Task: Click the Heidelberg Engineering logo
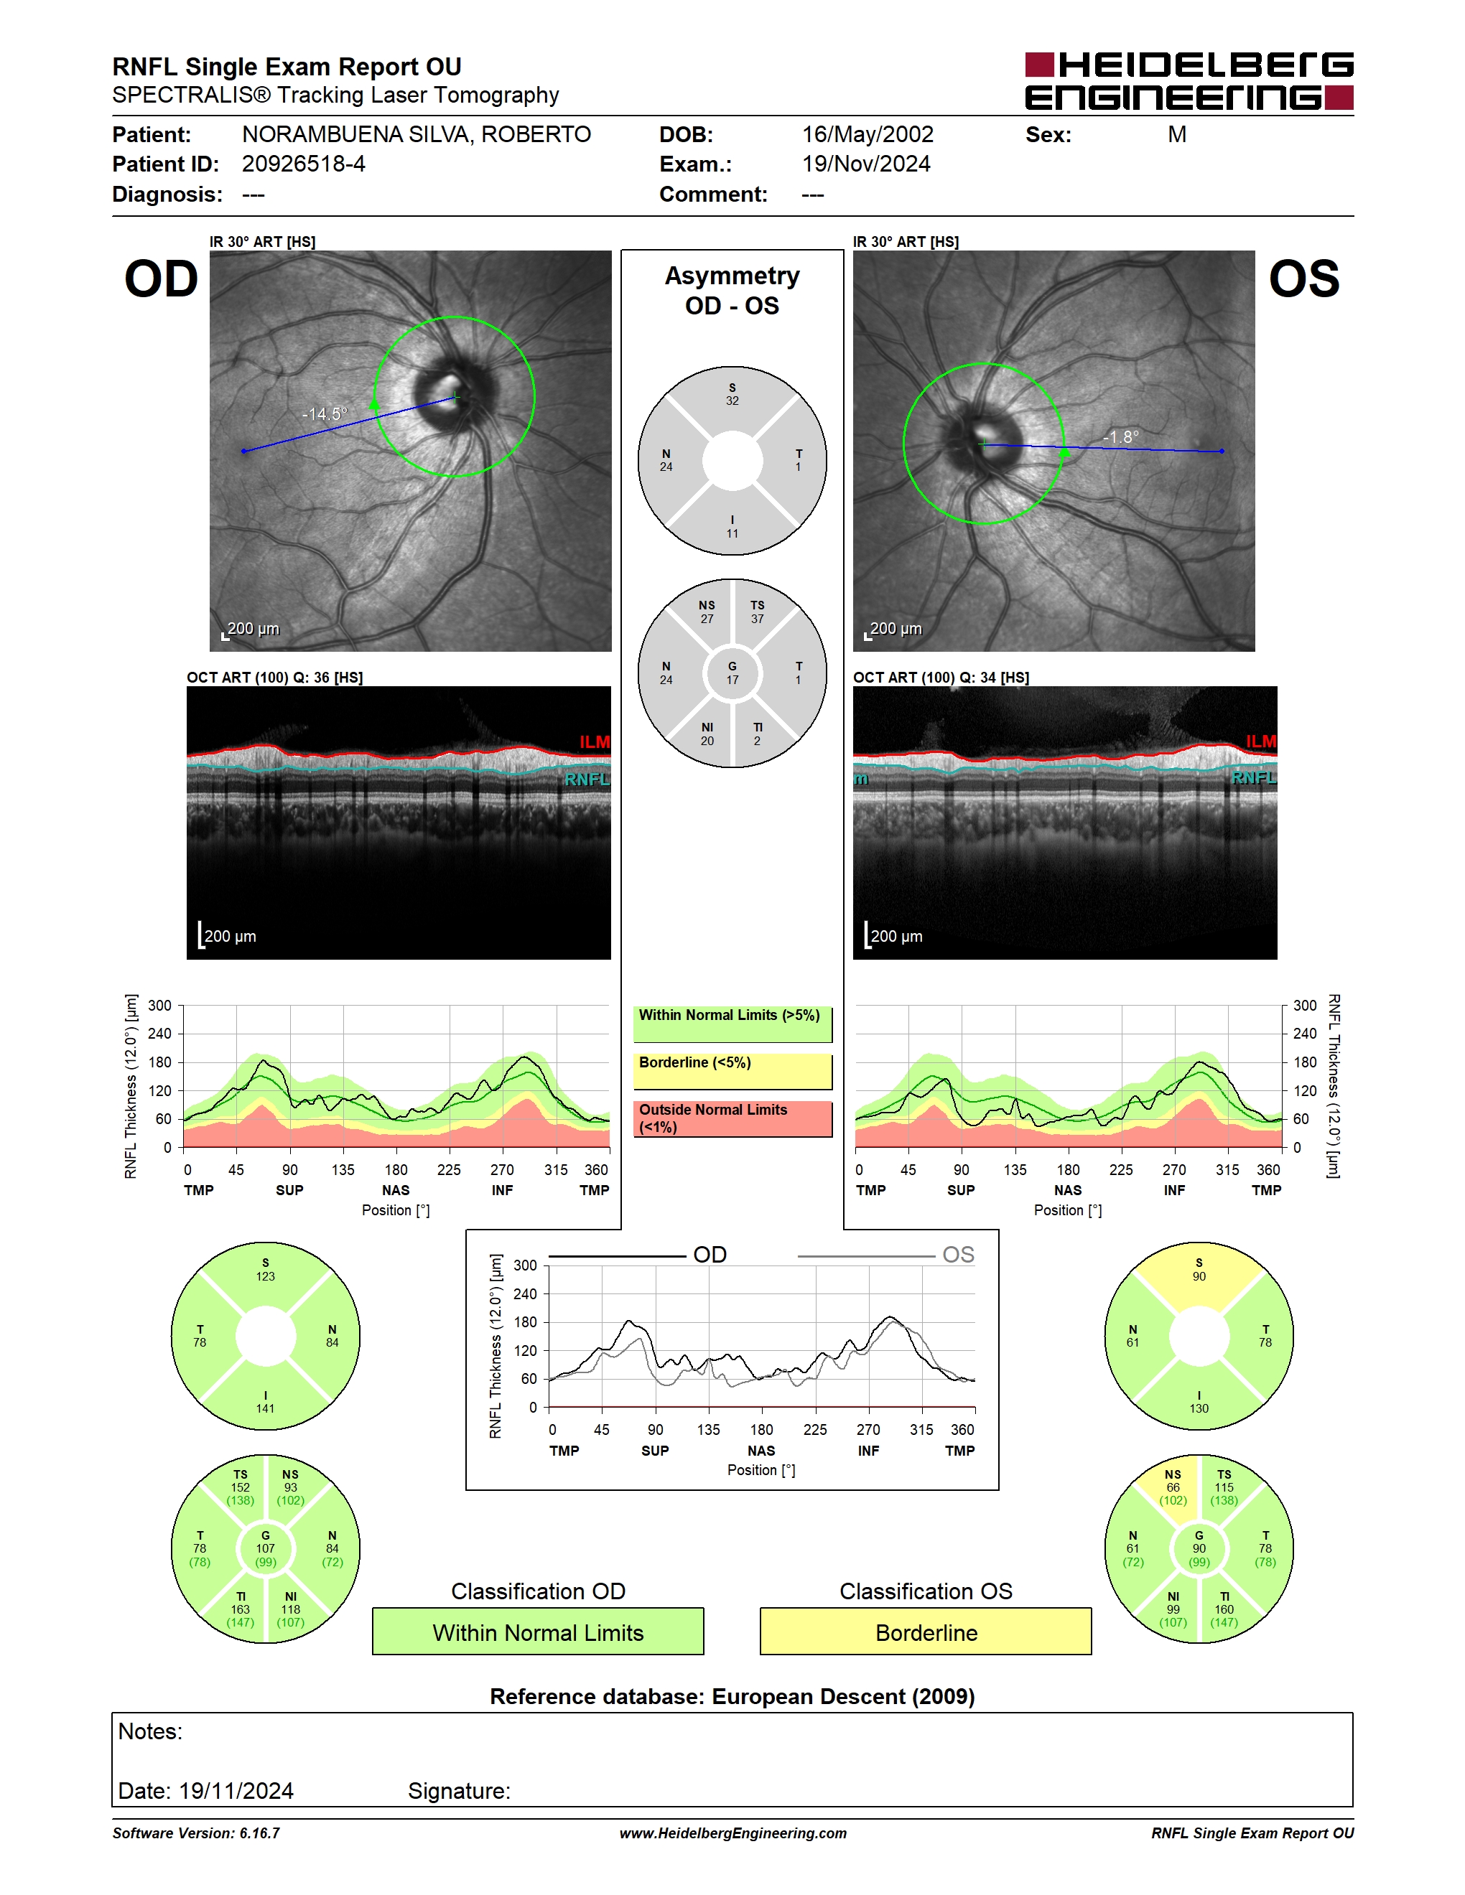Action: pyautogui.click(x=1189, y=80)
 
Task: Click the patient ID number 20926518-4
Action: pyautogui.click(x=303, y=164)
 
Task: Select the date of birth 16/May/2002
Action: pyautogui.click(x=867, y=134)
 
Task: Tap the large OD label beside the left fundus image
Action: pyautogui.click(x=162, y=279)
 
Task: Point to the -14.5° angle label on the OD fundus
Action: pyautogui.click(x=324, y=414)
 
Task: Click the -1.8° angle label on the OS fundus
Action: pyautogui.click(x=1120, y=436)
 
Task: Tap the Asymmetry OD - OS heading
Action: pyautogui.click(x=732, y=291)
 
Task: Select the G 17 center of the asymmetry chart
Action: pyautogui.click(x=732, y=673)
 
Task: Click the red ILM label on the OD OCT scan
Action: pyautogui.click(x=595, y=742)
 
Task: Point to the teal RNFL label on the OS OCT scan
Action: pyautogui.click(x=1254, y=777)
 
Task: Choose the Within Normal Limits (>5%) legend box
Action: pyautogui.click(x=732, y=1024)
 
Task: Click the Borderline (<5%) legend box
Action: pyautogui.click(x=732, y=1072)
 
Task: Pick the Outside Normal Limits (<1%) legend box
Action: pyautogui.click(x=732, y=1119)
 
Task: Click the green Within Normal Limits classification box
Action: pyautogui.click(x=538, y=1632)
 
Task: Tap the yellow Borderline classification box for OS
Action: pyautogui.click(x=926, y=1632)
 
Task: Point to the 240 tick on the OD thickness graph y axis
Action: pyautogui.click(x=159, y=1034)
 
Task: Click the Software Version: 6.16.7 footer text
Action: pyautogui.click(x=196, y=1833)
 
